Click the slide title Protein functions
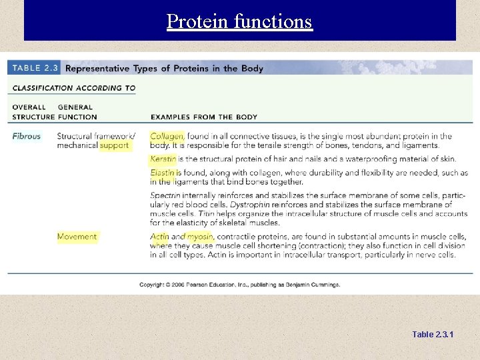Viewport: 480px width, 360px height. [239, 21]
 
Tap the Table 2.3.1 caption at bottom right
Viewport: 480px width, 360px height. [433, 334]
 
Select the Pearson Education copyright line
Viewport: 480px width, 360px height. [239, 285]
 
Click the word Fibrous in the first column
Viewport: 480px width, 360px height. [26, 136]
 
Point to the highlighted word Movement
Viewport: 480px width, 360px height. [77, 237]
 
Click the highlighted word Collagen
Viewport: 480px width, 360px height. [167, 136]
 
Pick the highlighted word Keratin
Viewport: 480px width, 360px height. [163, 159]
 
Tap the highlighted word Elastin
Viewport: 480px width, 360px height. [163, 173]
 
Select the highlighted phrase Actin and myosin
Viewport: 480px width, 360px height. [181, 237]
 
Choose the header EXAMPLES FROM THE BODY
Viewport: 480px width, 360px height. [203, 117]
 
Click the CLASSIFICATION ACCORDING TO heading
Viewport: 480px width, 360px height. [73, 88]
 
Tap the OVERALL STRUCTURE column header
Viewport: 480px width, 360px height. [31, 112]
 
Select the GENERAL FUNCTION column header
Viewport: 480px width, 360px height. [77, 112]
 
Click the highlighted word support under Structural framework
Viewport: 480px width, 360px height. [114, 145]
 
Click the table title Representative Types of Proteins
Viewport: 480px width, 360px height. [164, 68]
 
